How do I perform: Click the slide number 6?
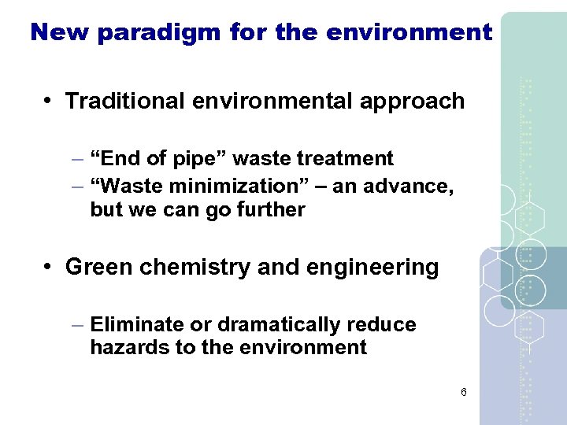464,392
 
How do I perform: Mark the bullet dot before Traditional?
49,102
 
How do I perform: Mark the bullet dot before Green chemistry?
49,267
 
